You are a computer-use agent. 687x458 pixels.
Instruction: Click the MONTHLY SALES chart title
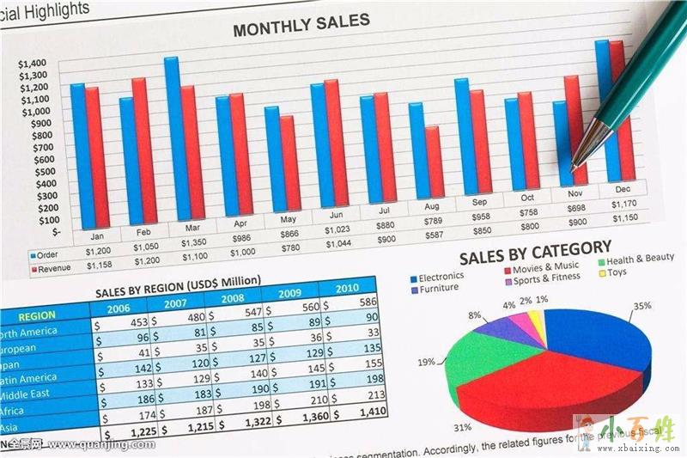(301, 26)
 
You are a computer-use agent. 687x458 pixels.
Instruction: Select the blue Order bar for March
(172, 137)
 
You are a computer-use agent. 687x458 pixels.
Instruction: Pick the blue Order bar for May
(272, 159)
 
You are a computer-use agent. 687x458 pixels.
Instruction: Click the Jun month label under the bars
(337, 214)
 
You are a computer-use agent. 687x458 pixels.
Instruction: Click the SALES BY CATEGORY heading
(535, 253)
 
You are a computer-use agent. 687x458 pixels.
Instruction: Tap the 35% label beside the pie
(641, 306)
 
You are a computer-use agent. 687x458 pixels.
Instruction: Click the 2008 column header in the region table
(232, 299)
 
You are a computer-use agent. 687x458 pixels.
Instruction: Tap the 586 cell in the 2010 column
(367, 302)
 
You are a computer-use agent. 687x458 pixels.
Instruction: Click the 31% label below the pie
(462, 427)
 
